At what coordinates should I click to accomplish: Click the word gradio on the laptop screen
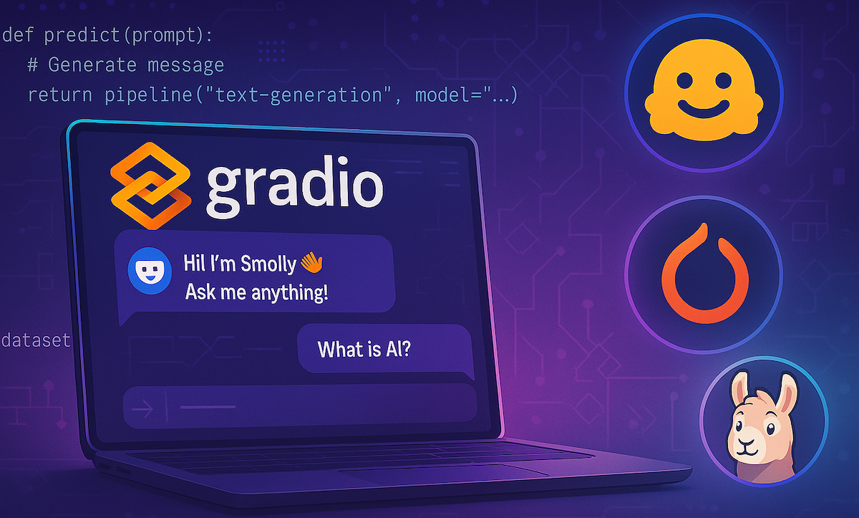(x=294, y=185)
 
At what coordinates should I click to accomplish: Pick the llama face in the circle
(x=759, y=430)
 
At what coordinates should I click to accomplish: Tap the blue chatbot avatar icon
(x=147, y=270)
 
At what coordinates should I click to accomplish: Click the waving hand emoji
(x=311, y=263)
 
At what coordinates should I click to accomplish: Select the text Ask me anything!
(x=256, y=292)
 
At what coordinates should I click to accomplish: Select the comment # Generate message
(x=125, y=65)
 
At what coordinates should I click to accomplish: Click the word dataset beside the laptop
(x=36, y=340)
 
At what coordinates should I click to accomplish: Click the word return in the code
(x=61, y=95)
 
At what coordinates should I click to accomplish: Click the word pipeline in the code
(x=142, y=95)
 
